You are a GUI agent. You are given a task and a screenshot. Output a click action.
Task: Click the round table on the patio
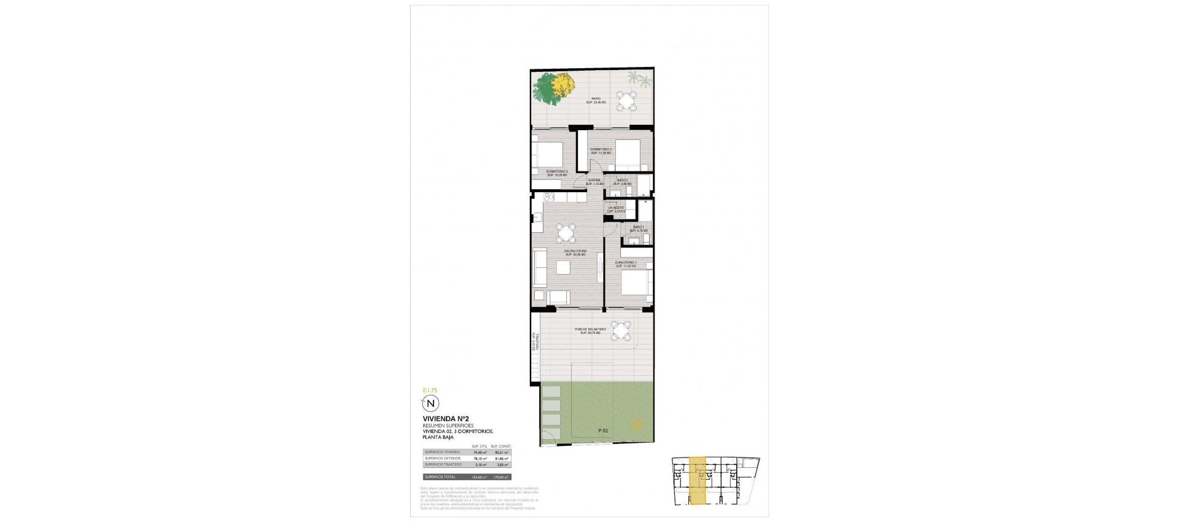tap(627, 101)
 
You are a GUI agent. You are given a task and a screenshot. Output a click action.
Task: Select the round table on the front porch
tap(621, 331)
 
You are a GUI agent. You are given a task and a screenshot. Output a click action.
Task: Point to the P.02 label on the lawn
tap(604, 431)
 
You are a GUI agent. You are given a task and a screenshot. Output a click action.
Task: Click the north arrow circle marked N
tap(431, 403)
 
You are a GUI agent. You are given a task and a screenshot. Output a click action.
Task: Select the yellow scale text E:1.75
tap(429, 389)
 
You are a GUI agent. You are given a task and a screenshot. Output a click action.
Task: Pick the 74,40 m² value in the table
tap(479, 452)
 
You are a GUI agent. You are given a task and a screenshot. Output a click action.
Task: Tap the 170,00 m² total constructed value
tap(501, 477)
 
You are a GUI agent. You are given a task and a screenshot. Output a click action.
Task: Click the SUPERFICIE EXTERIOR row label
tap(443, 458)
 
